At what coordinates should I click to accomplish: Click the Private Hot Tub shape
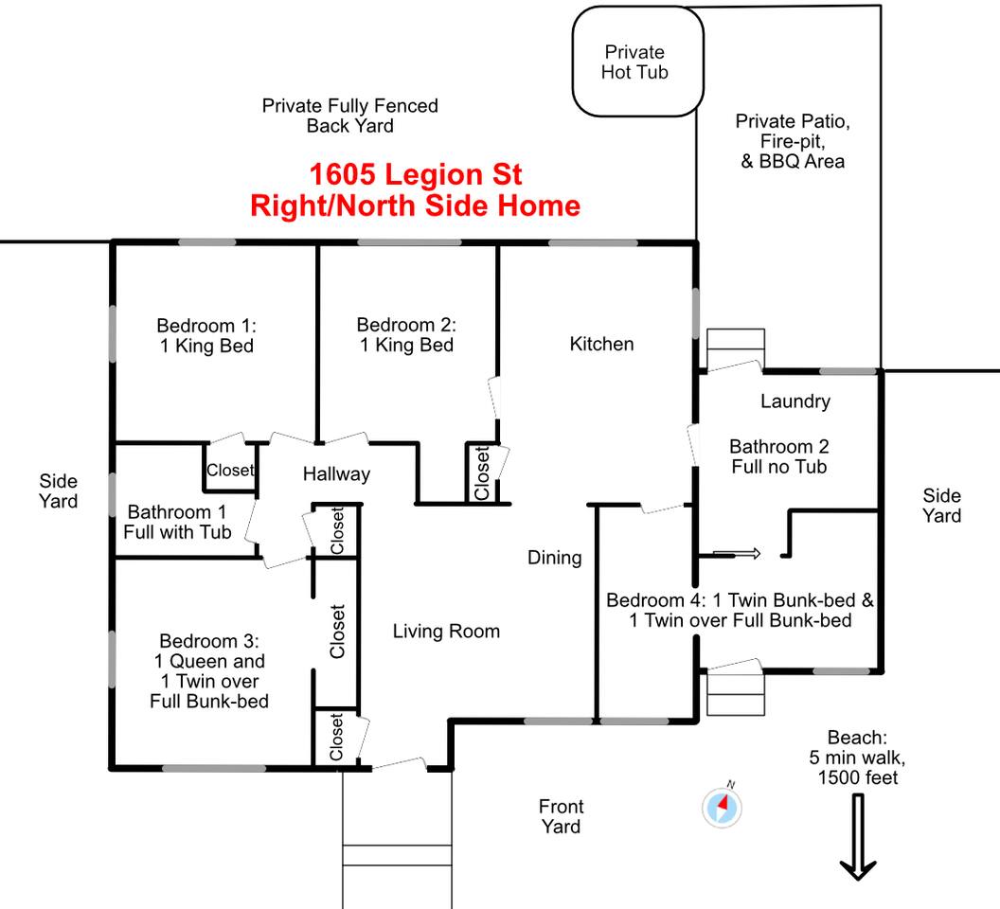tap(637, 62)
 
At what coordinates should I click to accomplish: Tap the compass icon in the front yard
tap(722, 808)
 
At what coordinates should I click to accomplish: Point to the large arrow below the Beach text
tap(858, 837)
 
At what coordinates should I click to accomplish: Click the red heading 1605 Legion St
tap(415, 174)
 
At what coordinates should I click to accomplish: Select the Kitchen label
tap(601, 344)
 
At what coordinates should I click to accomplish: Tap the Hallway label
tap(336, 474)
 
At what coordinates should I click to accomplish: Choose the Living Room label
tap(446, 631)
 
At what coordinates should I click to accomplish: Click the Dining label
tap(554, 558)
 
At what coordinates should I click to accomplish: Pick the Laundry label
tap(795, 401)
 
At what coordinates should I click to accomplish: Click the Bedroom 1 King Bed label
tap(206, 335)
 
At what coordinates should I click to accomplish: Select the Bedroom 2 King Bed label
tap(406, 335)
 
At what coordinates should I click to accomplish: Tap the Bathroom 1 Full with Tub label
tap(177, 522)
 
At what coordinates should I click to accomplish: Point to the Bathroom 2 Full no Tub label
tap(778, 456)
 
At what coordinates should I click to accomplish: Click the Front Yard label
tap(561, 816)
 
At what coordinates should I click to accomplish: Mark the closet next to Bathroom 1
tap(230, 468)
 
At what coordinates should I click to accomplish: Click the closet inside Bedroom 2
tap(481, 472)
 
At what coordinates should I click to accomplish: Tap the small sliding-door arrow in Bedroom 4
tap(737, 553)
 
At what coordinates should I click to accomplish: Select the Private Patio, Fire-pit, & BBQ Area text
tap(792, 141)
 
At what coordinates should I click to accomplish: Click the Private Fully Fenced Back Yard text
tap(350, 116)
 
